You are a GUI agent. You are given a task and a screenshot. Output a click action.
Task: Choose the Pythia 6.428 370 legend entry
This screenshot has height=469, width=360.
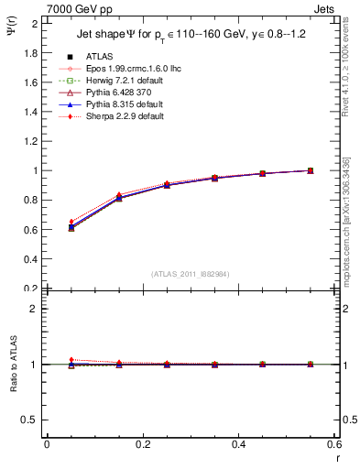(114, 93)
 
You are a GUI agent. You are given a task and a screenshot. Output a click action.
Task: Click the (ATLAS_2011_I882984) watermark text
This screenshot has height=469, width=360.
(190, 273)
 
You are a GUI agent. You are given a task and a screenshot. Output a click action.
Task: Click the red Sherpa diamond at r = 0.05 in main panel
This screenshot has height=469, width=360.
(71, 222)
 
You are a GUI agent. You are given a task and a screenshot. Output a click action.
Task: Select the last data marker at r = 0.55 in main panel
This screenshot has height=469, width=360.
(311, 170)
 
